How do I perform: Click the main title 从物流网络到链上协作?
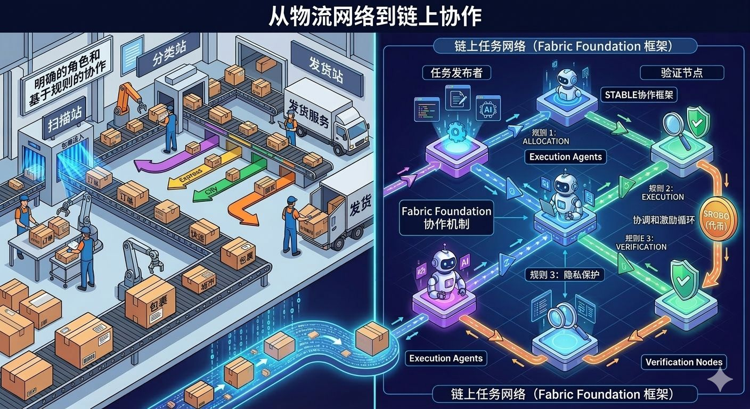[x=374, y=17]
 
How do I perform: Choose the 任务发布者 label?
[x=456, y=72]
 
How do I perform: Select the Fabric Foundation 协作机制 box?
[x=446, y=217]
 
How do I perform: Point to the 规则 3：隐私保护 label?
[x=565, y=274]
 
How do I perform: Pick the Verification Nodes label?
[x=684, y=362]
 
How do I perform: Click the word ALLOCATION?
[x=545, y=141]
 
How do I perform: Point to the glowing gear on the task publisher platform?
[x=456, y=130]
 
